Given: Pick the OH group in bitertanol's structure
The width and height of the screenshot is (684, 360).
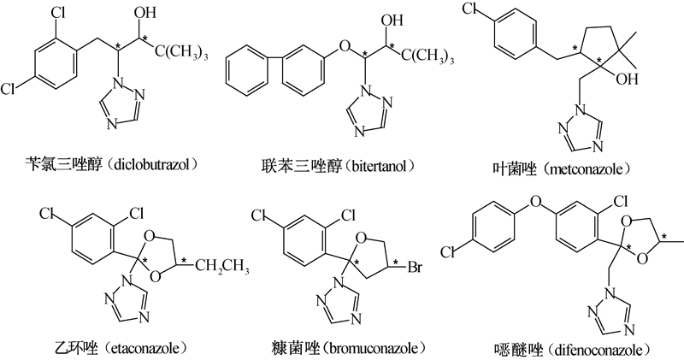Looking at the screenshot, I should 390,18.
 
